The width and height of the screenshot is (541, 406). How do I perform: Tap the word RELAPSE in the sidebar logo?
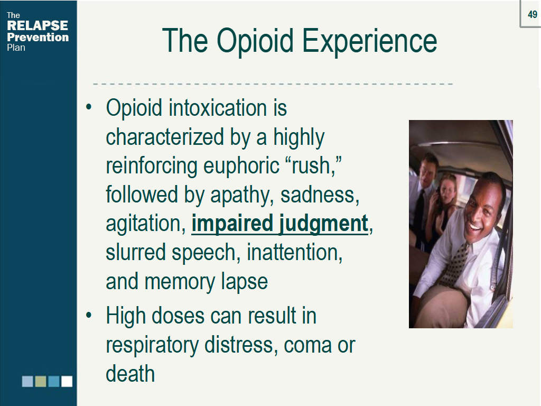(38, 25)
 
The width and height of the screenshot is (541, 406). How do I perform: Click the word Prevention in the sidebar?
(38, 38)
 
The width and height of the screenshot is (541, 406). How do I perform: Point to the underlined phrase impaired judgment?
(280, 224)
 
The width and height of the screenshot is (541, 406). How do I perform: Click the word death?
(130, 374)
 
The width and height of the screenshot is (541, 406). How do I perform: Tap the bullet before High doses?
(89, 316)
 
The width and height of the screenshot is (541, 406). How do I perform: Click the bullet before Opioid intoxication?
(89, 107)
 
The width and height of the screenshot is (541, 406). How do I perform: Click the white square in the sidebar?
(67, 382)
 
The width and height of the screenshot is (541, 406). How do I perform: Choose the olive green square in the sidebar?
(41, 382)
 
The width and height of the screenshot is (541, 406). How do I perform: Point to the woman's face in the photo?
(448, 190)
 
